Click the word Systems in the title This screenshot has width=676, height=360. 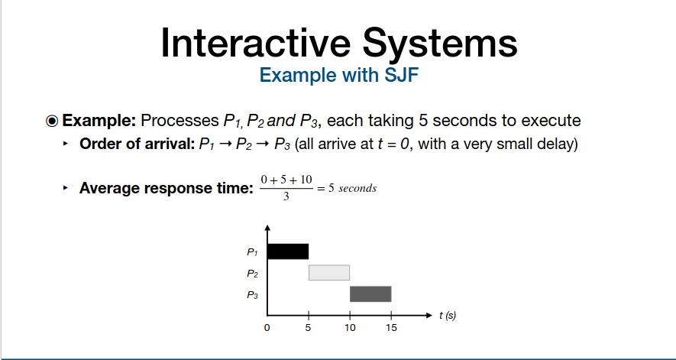[x=440, y=42]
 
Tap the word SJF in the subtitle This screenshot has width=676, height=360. [x=401, y=75]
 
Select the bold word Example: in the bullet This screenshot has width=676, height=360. [x=99, y=121]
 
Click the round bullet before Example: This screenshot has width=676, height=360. [x=51, y=122]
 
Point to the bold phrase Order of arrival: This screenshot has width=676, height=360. [x=137, y=144]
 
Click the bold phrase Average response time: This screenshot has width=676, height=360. [x=166, y=188]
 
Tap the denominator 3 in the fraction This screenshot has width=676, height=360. [x=286, y=197]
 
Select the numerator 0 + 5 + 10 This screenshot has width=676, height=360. [x=286, y=180]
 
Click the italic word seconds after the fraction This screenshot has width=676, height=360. [x=357, y=189]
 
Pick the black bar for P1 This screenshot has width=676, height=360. [x=287, y=251]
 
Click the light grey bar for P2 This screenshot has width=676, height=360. [x=329, y=273]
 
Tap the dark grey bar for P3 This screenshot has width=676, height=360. [x=370, y=294]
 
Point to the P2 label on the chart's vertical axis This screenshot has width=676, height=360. [x=253, y=273]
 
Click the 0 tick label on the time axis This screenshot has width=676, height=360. [x=267, y=328]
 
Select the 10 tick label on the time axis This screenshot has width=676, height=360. [x=350, y=328]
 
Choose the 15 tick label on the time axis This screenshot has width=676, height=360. [x=391, y=328]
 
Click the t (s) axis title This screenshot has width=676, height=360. [x=448, y=316]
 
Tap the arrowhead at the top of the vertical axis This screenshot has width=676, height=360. [x=267, y=228]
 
